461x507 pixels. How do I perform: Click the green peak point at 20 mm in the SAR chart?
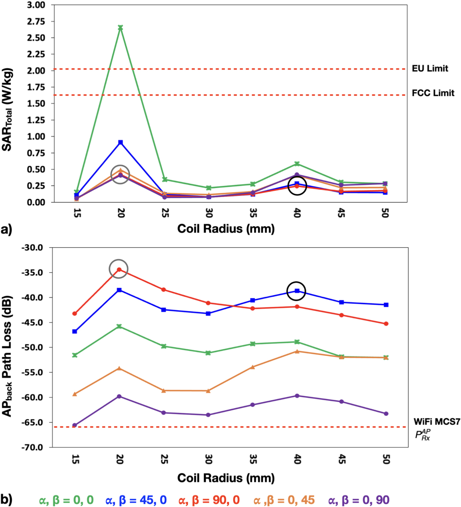(121, 28)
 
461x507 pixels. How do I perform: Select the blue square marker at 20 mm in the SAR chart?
(121, 142)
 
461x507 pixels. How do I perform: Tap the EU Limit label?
(430, 69)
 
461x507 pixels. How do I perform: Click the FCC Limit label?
(433, 93)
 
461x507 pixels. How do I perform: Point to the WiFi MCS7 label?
(437, 422)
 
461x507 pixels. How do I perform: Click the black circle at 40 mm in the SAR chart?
(297, 186)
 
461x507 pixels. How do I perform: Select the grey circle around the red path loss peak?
(119, 269)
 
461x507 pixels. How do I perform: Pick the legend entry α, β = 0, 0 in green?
(66, 500)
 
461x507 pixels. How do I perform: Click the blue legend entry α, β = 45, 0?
(136, 500)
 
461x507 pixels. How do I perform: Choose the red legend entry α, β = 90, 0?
(209, 500)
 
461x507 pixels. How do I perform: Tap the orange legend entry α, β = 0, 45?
(284, 500)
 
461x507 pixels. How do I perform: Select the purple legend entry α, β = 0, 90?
(359, 500)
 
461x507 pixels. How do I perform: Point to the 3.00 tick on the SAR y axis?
(36, 5)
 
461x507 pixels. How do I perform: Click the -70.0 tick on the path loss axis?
(32, 447)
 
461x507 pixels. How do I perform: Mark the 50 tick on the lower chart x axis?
(386, 459)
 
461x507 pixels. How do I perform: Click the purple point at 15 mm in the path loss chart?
(75, 425)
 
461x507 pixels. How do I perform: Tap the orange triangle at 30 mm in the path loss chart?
(208, 391)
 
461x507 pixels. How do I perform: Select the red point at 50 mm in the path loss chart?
(386, 324)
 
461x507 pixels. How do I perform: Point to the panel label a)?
(7, 230)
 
